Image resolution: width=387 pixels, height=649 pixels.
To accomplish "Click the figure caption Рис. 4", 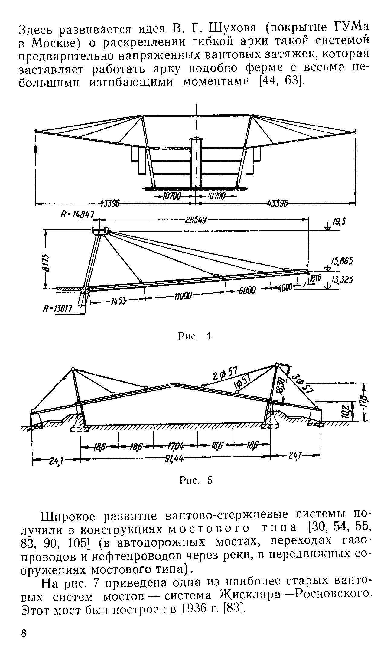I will (x=194, y=336).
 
